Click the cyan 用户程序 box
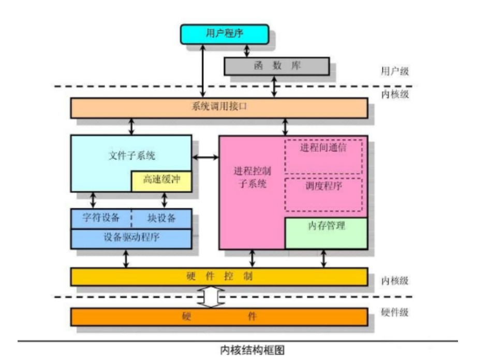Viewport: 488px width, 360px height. tap(225, 34)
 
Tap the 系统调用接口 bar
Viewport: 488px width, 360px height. tap(219, 107)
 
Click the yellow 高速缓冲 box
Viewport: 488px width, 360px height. tap(161, 181)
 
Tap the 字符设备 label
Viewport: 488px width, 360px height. tap(101, 218)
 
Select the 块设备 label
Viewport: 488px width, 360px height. tap(161, 218)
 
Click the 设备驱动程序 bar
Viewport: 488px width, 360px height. tap(131, 237)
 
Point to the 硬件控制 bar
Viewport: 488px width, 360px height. tap(219, 277)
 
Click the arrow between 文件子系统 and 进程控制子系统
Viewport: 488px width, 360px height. tap(205, 157)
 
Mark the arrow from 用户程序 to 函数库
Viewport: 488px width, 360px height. tap(247, 50)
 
